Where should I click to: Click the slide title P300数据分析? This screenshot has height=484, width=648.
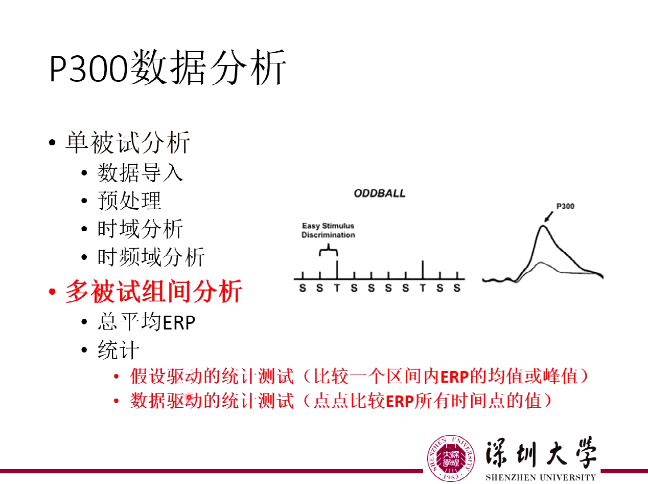[167, 68]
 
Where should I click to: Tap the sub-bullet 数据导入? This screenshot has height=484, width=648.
[140, 172]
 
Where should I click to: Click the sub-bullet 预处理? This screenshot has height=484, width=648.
[129, 201]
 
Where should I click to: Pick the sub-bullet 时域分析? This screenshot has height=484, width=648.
[140, 229]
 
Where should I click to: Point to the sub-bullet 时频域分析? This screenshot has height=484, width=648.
[151, 256]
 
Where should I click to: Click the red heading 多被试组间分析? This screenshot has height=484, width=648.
[153, 292]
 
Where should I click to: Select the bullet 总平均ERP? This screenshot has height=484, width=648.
[146, 322]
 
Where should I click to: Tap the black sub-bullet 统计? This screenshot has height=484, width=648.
[118, 351]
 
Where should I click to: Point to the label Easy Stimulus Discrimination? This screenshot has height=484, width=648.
[328, 230]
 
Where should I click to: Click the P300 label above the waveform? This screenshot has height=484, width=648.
[565, 207]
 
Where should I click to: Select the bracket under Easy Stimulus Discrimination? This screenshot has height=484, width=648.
[328, 251]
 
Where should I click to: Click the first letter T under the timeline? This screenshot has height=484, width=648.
[337, 288]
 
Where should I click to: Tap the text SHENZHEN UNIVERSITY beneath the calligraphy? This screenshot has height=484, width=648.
[540, 477]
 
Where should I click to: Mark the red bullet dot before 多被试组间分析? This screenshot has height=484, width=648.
[52, 292]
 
